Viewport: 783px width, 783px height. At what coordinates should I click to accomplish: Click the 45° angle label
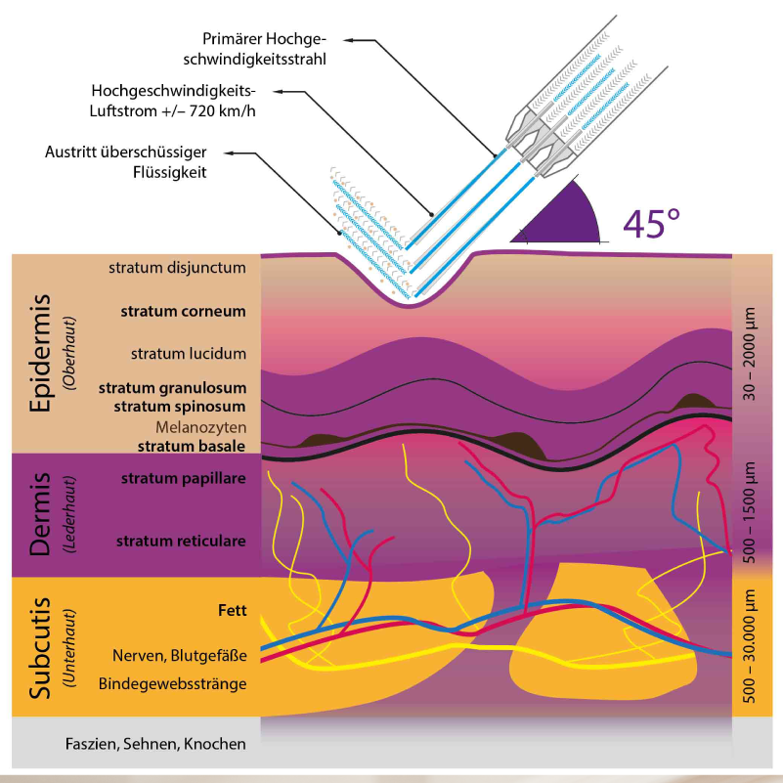tap(651, 222)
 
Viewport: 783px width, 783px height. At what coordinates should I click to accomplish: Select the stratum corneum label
tap(183, 312)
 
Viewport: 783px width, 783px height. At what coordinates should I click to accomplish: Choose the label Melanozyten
tap(200, 427)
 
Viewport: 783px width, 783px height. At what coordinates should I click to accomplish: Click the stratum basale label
tap(192, 446)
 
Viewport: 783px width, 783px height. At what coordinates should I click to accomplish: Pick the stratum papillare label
tap(183, 479)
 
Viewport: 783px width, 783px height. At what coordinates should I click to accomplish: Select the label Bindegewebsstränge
tap(172, 683)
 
